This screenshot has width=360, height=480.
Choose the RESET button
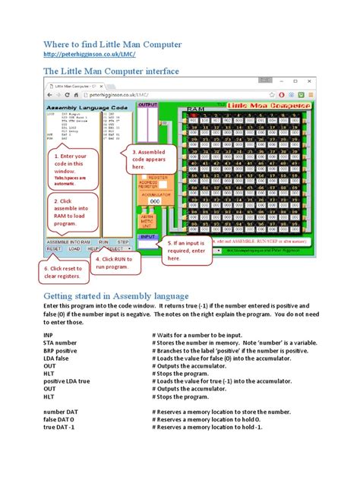[54, 248]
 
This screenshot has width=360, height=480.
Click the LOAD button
[74, 248]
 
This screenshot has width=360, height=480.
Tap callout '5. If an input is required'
[187, 248]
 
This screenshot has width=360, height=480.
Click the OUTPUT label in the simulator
[147, 105]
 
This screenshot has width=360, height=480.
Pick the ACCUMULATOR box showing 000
[153, 201]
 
